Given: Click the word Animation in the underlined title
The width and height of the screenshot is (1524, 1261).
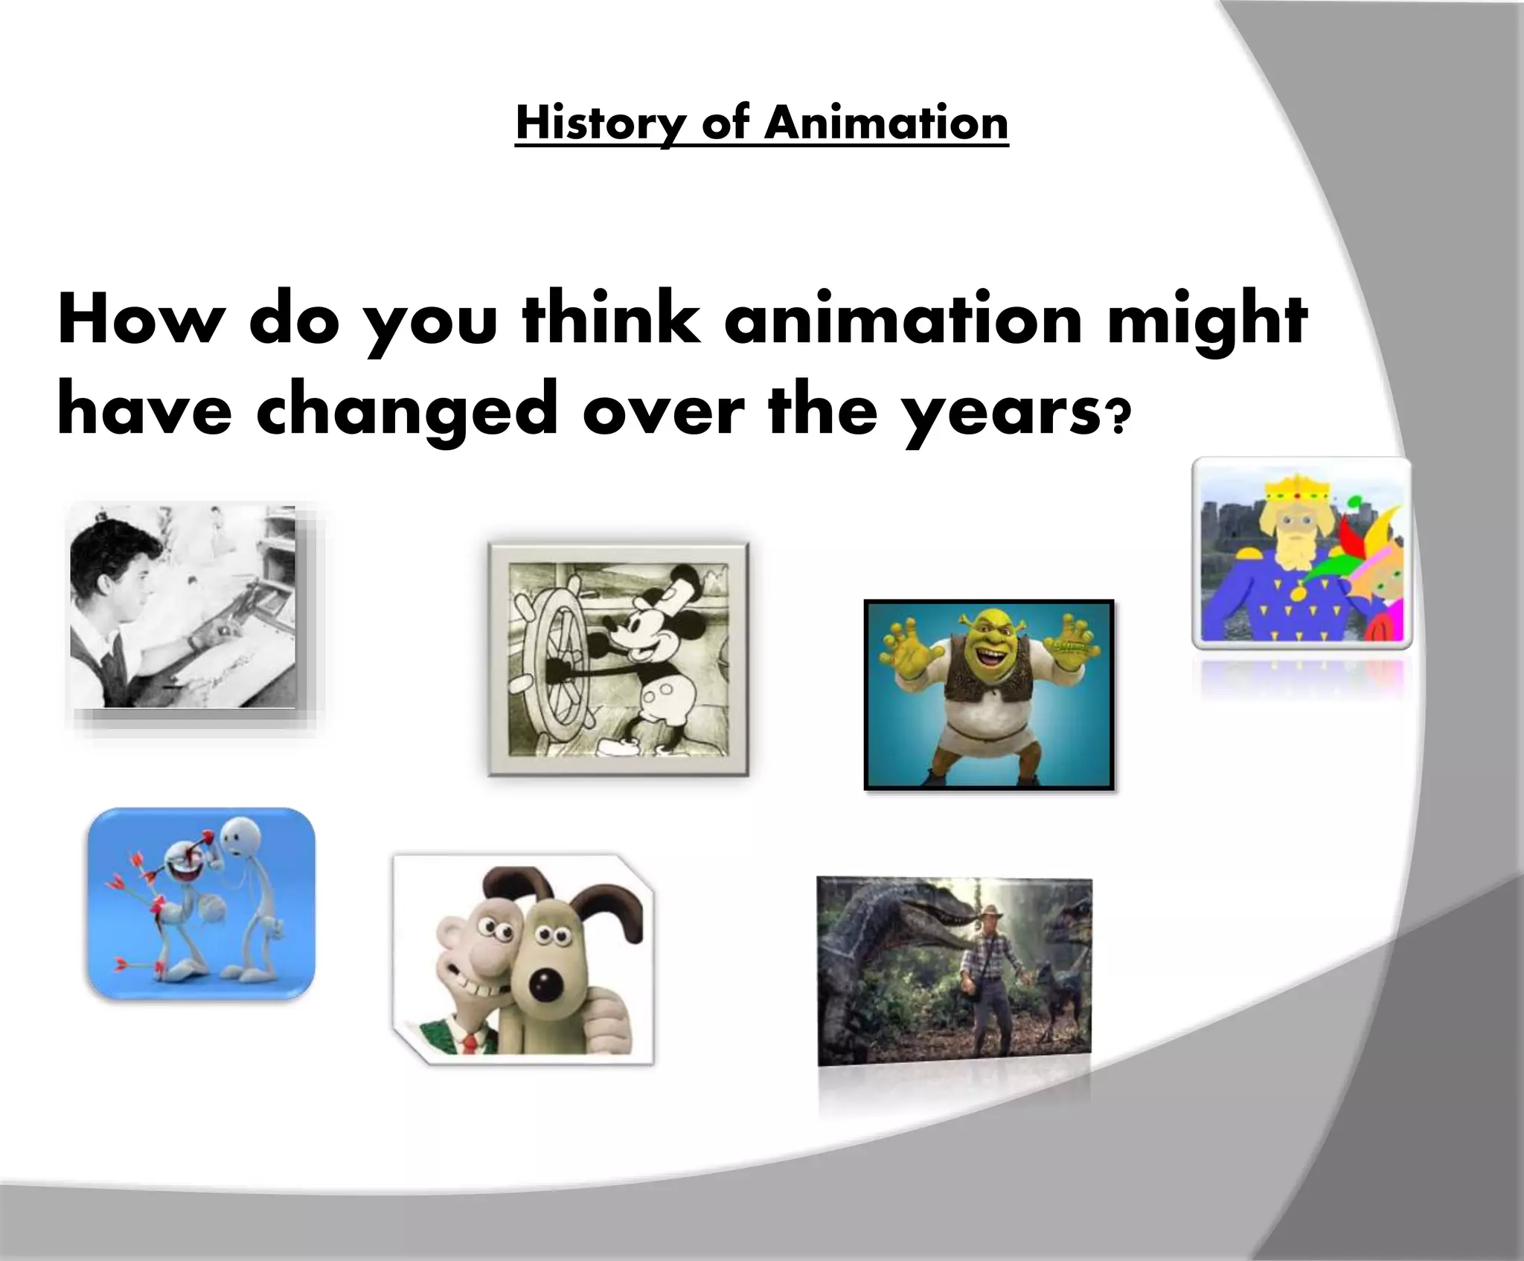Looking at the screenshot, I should (x=886, y=123).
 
